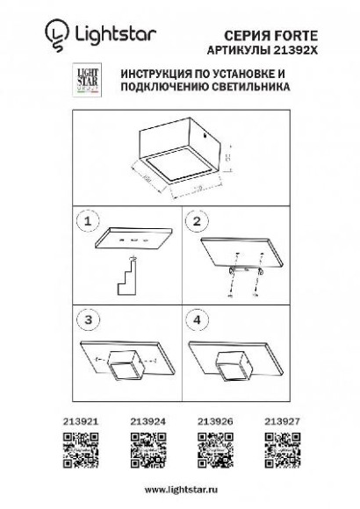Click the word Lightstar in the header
point(108,34)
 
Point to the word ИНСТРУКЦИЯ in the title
point(144,76)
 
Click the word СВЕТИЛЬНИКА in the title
point(248,89)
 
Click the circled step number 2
point(198,221)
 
